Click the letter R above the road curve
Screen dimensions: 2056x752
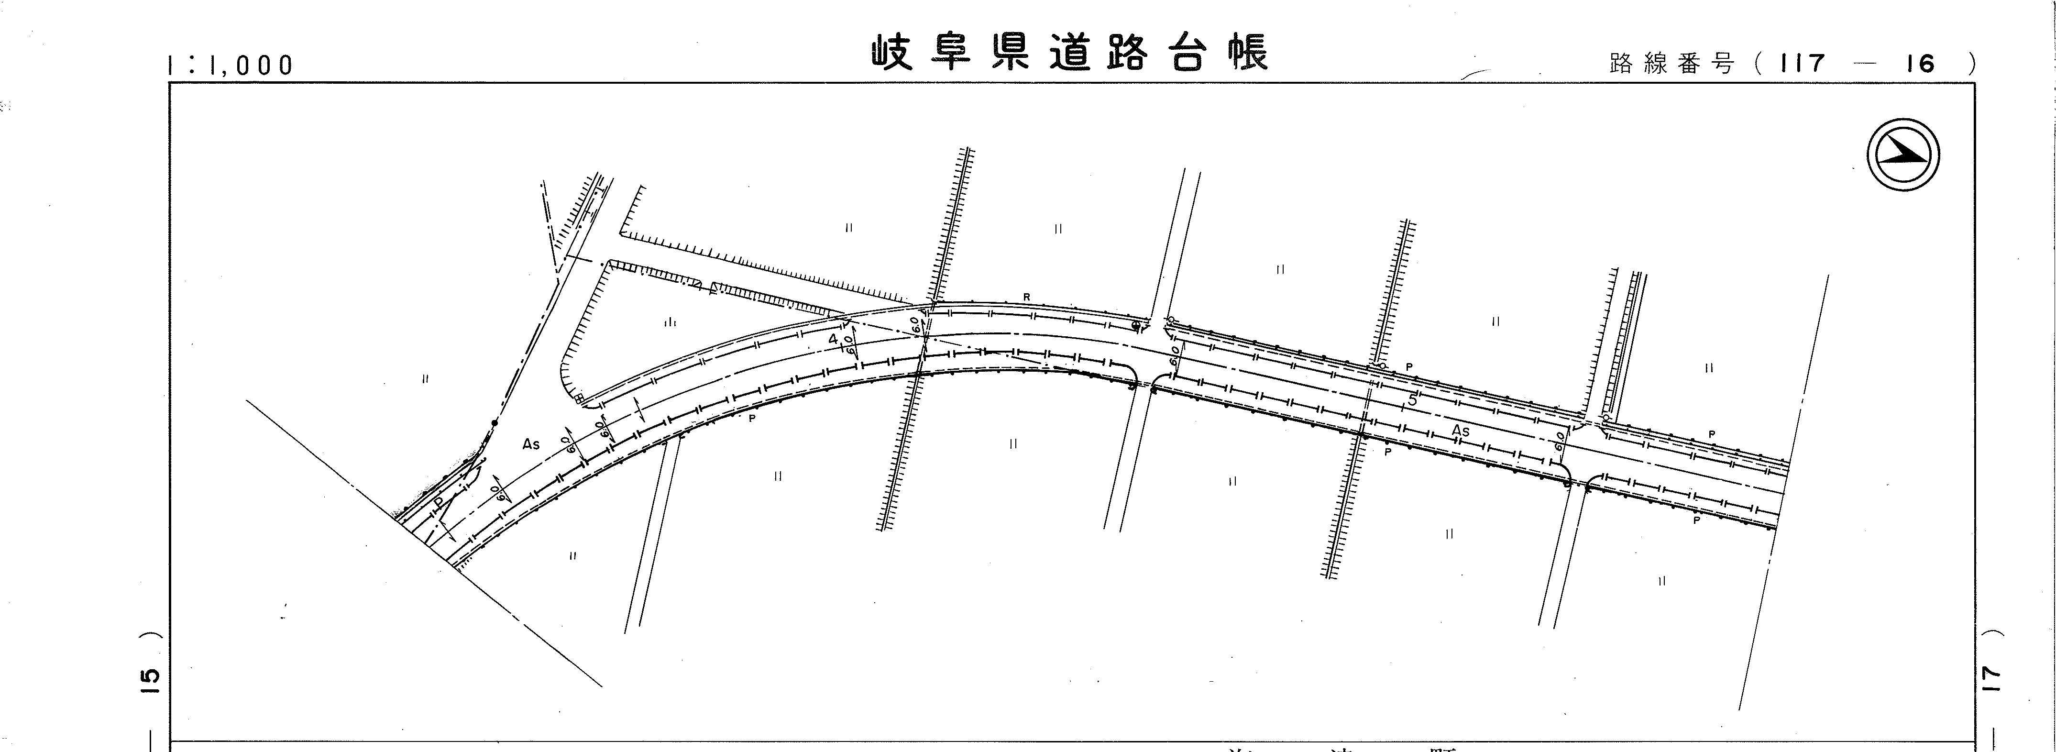click(x=1027, y=297)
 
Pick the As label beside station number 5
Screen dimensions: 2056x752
click(x=1460, y=432)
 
